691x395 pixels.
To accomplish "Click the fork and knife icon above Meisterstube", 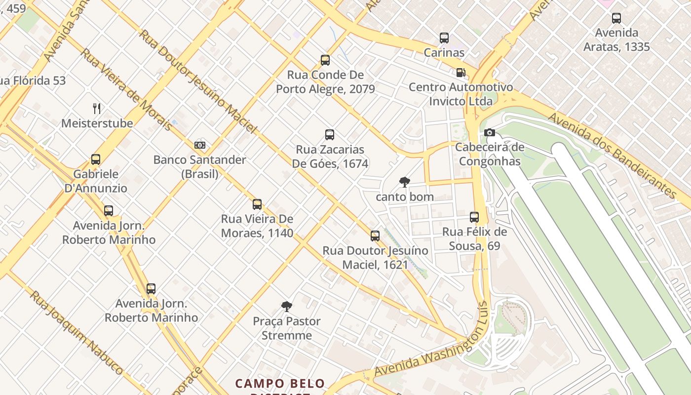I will click(97, 109).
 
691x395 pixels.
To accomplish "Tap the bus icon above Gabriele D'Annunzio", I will click(96, 159).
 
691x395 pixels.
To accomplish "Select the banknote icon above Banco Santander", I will click(199, 145).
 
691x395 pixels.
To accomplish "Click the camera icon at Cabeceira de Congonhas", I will click(489, 132).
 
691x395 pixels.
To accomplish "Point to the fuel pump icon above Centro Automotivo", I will click(461, 73).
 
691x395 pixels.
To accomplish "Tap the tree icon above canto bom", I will click(404, 182).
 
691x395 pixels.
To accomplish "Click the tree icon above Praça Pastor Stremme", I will click(286, 307).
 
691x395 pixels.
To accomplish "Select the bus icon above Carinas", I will click(444, 38).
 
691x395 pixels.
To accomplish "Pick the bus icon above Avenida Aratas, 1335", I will click(616, 18).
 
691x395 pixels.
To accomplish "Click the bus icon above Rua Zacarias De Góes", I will click(330, 135).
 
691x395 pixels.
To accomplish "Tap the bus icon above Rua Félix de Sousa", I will click(474, 217).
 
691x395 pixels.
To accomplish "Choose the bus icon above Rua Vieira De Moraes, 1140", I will click(257, 204).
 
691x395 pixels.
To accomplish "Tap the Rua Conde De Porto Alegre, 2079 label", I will click(325, 82).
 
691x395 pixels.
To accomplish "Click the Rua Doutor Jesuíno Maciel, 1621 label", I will click(375, 257).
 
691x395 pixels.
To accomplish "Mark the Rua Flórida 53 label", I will click(33, 80).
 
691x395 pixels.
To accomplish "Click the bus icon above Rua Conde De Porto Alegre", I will click(325, 60).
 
